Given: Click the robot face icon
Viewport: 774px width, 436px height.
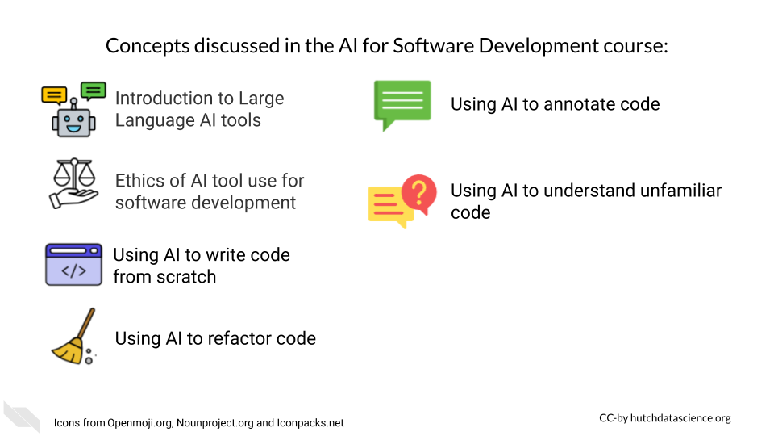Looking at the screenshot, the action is point(73,119).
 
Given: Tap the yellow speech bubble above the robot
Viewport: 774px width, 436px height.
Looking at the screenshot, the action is point(54,95).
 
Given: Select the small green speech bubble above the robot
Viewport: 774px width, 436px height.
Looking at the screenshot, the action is point(94,91).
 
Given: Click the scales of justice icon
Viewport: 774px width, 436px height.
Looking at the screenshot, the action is point(74,183).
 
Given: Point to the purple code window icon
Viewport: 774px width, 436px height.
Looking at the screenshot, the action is point(73,265).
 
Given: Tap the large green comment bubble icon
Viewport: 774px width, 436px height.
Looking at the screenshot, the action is point(402,105).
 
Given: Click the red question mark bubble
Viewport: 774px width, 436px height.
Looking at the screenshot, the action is point(419,194).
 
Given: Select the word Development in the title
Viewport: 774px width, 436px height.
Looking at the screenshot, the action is point(538,46).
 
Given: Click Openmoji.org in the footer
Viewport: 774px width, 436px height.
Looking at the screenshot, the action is point(140,423).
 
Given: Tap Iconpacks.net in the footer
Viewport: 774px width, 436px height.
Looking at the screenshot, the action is point(310,423).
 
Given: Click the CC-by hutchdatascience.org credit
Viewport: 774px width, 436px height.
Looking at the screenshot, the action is point(665,418).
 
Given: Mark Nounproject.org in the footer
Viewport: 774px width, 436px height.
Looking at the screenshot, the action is point(215,423).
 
